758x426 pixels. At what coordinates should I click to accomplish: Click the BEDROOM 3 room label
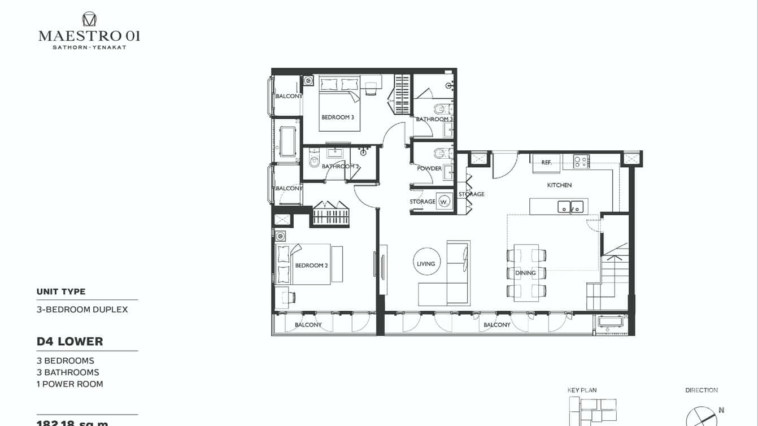click(338, 118)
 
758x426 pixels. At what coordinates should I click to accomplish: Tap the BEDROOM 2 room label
click(311, 266)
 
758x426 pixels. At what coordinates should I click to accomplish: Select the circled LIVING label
click(426, 263)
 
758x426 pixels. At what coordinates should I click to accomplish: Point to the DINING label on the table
click(525, 273)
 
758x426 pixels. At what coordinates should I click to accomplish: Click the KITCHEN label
click(559, 185)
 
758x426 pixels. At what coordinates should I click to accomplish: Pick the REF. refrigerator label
click(546, 163)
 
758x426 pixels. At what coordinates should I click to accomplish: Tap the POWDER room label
click(429, 168)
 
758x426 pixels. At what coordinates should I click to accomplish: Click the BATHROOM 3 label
click(434, 119)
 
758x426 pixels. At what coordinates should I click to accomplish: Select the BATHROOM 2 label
click(341, 167)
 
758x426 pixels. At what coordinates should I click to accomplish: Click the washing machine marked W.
click(445, 201)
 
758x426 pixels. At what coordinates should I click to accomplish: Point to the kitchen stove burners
click(581, 161)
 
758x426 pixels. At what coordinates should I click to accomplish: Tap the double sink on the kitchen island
click(571, 207)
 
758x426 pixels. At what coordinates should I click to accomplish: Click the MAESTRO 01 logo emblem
click(89, 19)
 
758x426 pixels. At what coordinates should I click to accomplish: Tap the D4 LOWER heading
click(70, 342)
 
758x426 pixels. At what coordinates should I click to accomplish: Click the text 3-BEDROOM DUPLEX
click(82, 310)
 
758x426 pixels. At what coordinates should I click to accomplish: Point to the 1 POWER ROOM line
click(70, 384)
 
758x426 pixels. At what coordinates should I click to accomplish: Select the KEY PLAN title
click(582, 390)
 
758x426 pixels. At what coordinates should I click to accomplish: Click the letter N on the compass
click(721, 410)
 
